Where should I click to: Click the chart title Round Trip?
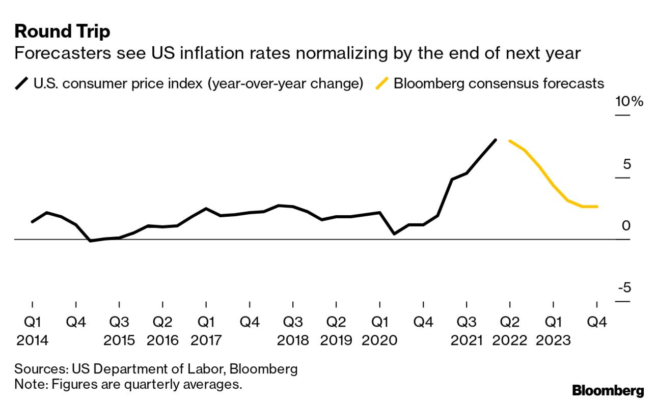62,32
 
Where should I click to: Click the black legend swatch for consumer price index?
22,83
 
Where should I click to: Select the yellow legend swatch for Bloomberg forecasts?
382,83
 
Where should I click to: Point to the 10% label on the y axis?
629,102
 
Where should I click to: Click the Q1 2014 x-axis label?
32,331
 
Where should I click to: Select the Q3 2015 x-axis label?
119,331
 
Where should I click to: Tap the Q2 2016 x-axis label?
162,331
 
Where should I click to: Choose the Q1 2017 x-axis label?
206,331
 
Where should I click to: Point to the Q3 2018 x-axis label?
293,331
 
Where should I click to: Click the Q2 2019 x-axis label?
336,331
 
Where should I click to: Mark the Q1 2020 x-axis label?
379,331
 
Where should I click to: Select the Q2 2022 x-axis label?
509,331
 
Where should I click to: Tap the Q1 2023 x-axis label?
553,331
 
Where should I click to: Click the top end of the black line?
495,140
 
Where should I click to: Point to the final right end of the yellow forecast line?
596,207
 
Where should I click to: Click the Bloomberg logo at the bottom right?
608,391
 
